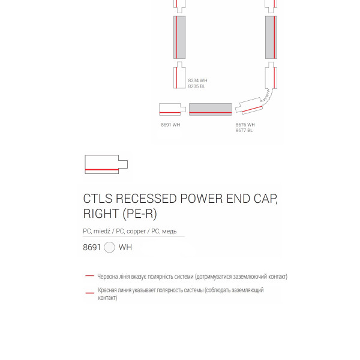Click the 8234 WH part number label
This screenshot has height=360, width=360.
[x=197, y=80]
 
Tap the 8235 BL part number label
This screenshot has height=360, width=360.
[x=197, y=86]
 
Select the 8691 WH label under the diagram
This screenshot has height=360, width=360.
[x=170, y=125]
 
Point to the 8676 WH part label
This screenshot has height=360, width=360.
[x=245, y=125]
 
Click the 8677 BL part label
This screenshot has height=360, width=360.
[x=244, y=130]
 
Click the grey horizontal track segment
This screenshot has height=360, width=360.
[x=211, y=109]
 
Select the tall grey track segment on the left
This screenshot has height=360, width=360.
[x=179, y=37]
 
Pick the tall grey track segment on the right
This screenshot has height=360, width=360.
[x=271, y=37]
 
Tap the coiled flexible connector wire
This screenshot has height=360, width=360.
[x=268, y=97]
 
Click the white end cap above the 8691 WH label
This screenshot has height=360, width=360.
[x=172, y=109]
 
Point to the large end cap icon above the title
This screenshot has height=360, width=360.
[x=106, y=164]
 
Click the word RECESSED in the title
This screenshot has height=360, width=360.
[x=146, y=199]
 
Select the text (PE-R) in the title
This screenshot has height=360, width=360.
[x=140, y=214]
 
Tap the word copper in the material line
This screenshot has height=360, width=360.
[x=136, y=231]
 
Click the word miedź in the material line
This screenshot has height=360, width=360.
[x=102, y=231]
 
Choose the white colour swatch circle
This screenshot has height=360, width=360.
[x=109, y=247]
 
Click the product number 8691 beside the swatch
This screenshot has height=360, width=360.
[x=92, y=247]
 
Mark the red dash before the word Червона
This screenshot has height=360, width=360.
[x=89, y=275]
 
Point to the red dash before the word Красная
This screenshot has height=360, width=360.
[x=90, y=293]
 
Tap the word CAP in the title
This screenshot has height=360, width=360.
[x=265, y=199]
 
